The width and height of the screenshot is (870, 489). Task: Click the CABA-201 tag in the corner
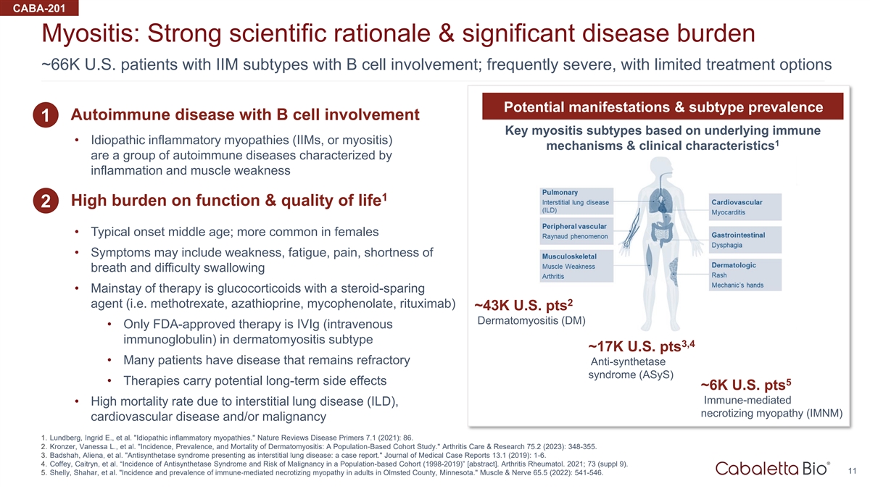39,8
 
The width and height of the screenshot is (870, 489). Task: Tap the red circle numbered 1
46,115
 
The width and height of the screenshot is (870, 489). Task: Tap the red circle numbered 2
46,201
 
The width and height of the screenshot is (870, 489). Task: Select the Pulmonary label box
576,201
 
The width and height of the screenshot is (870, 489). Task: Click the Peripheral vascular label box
576,231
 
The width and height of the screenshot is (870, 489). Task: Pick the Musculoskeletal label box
576,266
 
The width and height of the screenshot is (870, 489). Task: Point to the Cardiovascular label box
745,207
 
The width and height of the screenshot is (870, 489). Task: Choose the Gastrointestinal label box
745,240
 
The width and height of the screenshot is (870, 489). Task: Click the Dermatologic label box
745,275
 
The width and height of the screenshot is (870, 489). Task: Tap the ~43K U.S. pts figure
523,306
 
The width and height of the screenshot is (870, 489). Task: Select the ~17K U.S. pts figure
641,346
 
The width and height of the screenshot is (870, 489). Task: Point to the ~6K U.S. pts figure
746,385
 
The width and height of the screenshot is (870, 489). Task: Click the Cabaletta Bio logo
773,469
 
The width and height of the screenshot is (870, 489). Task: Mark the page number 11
852,471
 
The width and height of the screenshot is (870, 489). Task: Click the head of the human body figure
660,168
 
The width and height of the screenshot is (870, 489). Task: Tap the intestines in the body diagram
660,233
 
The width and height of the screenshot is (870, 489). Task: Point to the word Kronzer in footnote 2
63,447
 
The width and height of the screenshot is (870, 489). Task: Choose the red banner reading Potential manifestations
663,106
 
